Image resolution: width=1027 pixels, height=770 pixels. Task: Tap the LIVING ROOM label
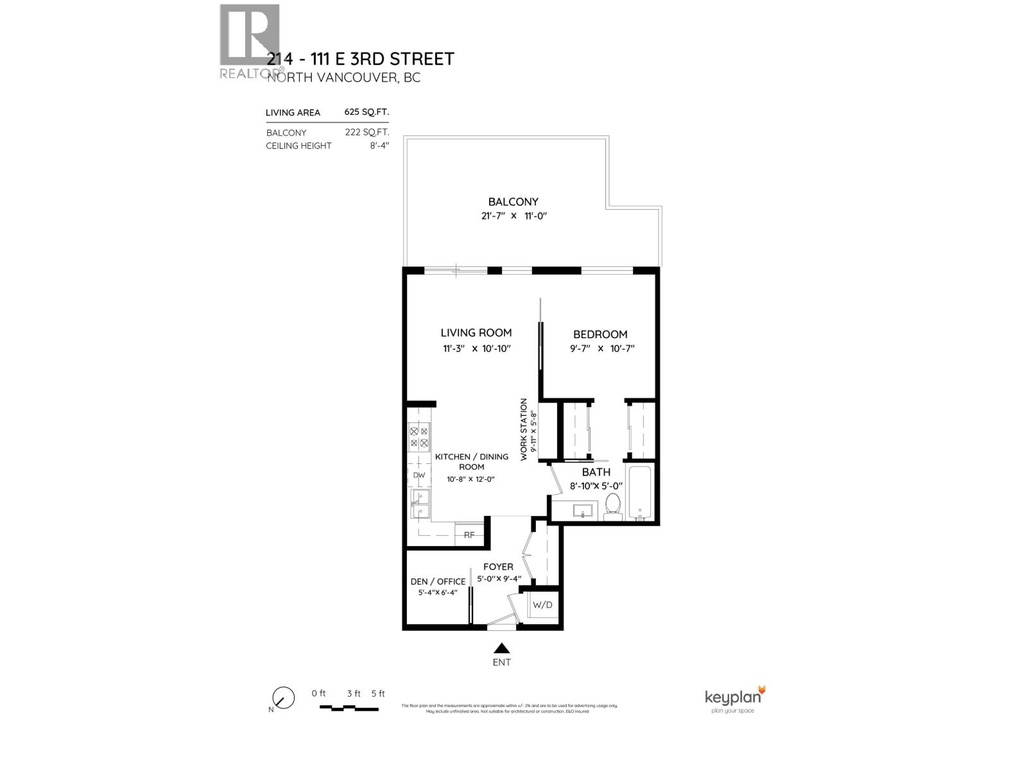tap(476, 332)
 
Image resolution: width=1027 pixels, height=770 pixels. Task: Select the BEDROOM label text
tap(600, 334)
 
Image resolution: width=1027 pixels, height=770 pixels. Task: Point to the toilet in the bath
tap(612, 505)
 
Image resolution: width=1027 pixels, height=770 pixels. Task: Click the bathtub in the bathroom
tap(640, 493)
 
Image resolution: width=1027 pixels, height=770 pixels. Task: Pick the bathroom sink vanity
tap(583, 511)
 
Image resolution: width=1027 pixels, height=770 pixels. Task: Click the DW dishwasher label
tap(419, 475)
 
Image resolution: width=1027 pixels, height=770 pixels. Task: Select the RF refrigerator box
tap(469, 535)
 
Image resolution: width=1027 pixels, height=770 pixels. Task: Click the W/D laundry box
tap(542, 604)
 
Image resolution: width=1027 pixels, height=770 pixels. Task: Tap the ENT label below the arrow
tap(502, 662)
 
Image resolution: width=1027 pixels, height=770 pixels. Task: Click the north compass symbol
tap(282, 698)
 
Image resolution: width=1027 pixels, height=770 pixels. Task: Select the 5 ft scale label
tap(377, 694)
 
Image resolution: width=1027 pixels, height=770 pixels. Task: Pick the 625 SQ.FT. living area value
tap(367, 112)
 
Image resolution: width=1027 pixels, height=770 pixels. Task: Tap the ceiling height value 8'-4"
tap(375, 146)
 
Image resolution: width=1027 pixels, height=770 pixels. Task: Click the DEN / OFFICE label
tap(438, 582)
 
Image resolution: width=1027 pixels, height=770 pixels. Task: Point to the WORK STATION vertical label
tap(524, 429)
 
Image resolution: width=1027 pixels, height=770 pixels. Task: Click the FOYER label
tap(498, 567)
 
